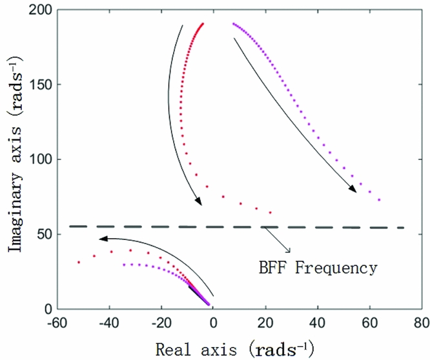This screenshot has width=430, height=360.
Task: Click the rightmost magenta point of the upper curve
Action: coord(380,200)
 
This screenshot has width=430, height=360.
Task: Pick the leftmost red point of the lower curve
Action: coord(79,263)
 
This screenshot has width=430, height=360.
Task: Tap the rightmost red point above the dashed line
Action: coord(270,212)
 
